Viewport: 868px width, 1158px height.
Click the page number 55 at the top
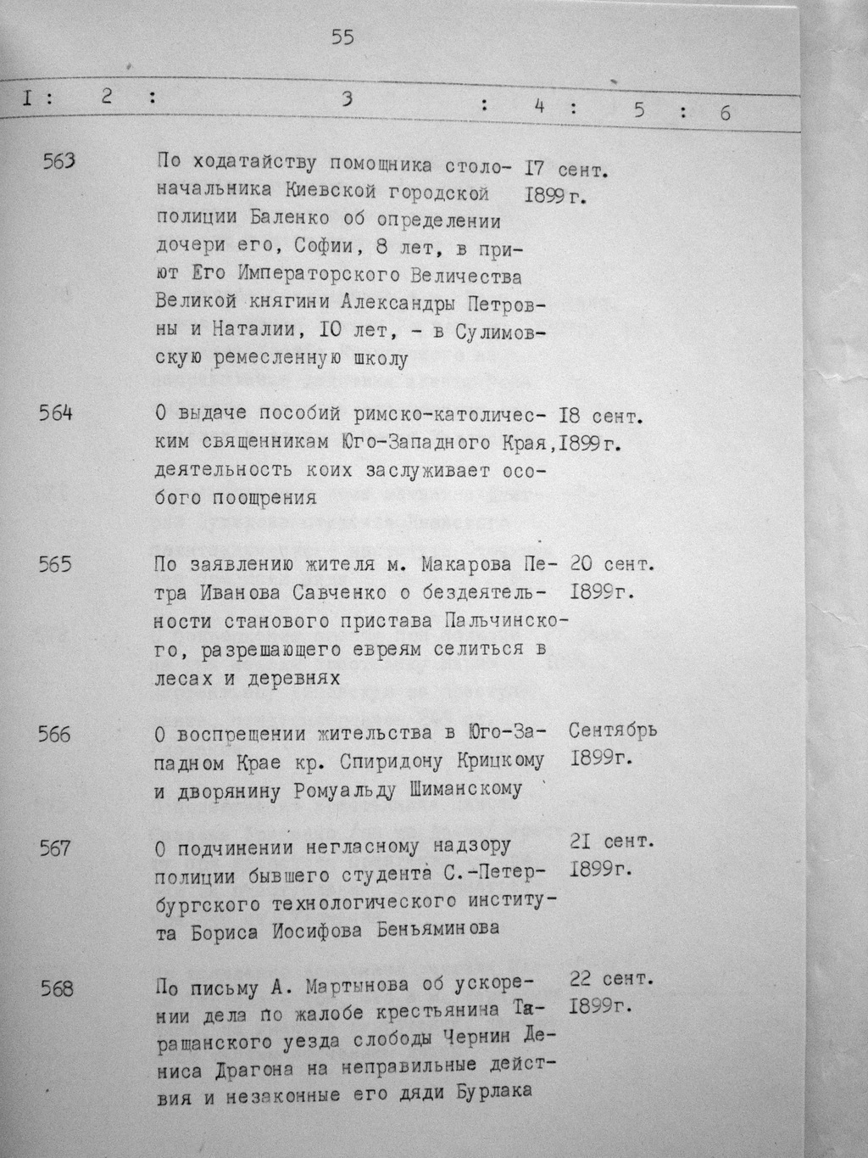(342, 36)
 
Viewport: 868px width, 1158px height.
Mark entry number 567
(55, 848)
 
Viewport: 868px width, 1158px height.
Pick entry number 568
(56, 988)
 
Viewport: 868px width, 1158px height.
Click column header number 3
(346, 98)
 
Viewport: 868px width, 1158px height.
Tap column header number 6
(726, 112)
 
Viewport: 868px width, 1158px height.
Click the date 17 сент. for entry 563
(567, 169)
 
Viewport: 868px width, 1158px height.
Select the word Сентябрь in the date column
(613, 730)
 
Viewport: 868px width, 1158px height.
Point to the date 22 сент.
(611, 979)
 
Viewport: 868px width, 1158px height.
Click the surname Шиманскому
(470, 789)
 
